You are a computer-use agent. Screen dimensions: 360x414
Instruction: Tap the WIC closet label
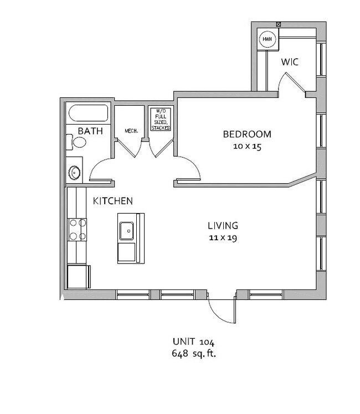click(290, 62)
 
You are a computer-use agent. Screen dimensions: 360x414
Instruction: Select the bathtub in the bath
click(88, 113)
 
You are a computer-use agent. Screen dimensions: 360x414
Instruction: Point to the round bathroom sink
click(74, 173)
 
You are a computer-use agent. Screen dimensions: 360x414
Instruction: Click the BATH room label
click(90, 131)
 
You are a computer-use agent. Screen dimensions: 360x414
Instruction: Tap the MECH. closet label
click(131, 131)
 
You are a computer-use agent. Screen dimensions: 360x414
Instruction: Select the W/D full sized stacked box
click(161, 119)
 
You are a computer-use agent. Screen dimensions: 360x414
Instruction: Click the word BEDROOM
click(247, 134)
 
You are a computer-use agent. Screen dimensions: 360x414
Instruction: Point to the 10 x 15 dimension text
click(247, 146)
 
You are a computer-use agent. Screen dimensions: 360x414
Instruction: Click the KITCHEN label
click(113, 201)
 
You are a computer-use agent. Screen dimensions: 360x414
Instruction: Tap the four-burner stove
click(78, 230)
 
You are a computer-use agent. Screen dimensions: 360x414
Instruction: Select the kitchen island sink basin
click(126, 231)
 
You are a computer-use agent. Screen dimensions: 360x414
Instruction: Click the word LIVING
click(223, 226)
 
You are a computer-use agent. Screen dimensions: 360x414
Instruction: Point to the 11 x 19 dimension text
click(223, 238)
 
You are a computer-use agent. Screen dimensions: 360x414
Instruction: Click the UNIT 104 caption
click(194, 341)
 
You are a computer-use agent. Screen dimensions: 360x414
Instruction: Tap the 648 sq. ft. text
click(194, 353)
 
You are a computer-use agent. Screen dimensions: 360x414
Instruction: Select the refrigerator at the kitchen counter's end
click(79, 277)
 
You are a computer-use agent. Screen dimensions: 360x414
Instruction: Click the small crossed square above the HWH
click(278, 24)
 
